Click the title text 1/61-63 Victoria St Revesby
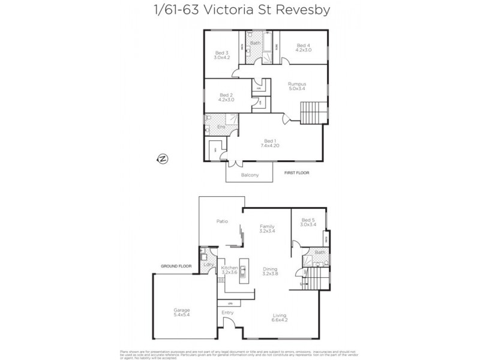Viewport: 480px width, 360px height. pyautogui.click(x=239, y=11)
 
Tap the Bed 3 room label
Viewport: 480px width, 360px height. pyautogui.click(x=222, y=55)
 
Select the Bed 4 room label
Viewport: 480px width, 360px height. pyautogui.click(x=303, y=48)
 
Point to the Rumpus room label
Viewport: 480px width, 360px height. pyautogui.click(x=296, y=86)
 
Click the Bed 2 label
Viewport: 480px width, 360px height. pyautogui.click(x=226, y=97)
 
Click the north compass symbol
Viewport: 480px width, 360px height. pyautogui.click(x=162, y=158)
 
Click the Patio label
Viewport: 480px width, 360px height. pyautogui.click(x=222, y=221)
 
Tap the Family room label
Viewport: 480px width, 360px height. pyautogui.click(x=266, y=228)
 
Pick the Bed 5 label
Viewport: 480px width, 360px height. pyautogui.click(x=307, y=222)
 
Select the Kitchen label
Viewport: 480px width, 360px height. pyautogui.click(x=230, y=270)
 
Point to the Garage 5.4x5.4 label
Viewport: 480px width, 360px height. pyautogui.click(x=182, y=313)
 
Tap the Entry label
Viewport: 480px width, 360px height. pyautogui.click(x=227, y=313)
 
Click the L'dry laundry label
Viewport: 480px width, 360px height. pyautogui.click(x=209, y=264)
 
